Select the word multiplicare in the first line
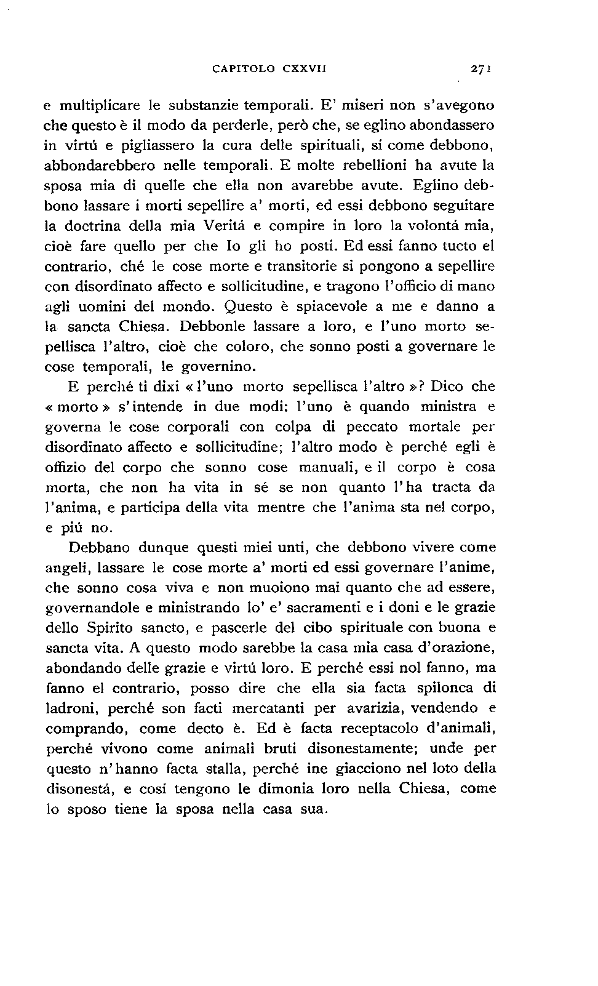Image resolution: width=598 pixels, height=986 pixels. click(100, 105)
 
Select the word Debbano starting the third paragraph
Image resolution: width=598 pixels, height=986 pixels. click(100, 548)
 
